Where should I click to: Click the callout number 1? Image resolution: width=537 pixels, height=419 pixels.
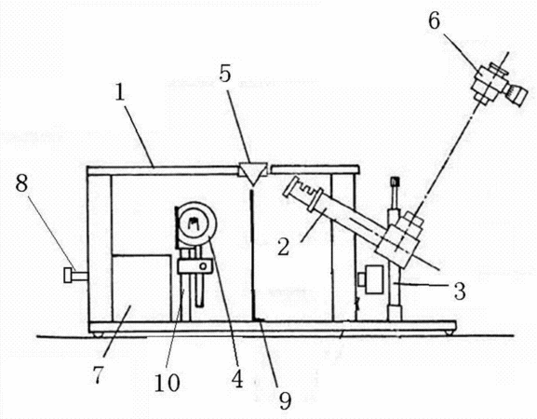119,92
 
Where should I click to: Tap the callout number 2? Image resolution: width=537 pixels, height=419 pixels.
284,247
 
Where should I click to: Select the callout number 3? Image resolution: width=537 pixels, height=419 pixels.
460,291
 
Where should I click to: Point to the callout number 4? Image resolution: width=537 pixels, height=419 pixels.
237,379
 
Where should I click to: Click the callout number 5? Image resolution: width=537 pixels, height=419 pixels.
225,74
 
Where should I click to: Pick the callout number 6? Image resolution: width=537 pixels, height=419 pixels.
434,21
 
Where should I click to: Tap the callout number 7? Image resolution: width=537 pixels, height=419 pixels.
98,374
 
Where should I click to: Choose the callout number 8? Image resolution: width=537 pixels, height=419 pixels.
21,183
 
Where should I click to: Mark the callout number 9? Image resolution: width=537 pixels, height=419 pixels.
285,400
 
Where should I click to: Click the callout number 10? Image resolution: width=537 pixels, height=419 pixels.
167,383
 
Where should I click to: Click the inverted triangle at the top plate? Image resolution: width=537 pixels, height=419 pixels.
252,174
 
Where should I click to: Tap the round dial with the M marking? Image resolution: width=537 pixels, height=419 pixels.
195,223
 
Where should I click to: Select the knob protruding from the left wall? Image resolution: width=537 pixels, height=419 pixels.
75,275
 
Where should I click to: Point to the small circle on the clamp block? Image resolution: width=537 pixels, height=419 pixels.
204,265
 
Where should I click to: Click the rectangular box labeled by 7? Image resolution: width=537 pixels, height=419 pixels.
141,288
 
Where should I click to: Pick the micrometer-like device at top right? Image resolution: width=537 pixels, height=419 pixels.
497,84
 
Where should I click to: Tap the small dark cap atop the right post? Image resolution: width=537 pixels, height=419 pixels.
396,181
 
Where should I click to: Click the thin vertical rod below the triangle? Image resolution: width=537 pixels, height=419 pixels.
253,254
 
